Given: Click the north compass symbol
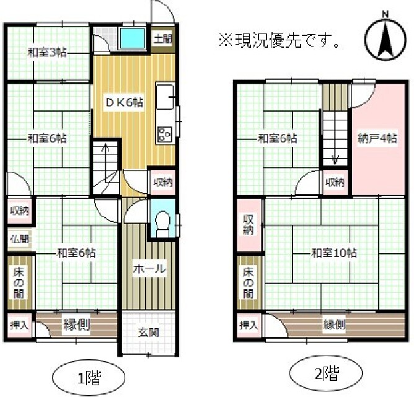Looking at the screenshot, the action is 386,38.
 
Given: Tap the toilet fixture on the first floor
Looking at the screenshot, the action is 162,224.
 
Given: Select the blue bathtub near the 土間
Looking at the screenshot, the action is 133,38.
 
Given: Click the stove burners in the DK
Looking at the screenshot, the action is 165,134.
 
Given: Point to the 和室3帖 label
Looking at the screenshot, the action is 47,53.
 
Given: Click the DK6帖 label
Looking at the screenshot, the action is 125,102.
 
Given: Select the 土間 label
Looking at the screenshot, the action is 163,39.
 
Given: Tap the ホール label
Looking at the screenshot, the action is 149,269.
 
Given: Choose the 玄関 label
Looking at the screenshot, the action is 148,332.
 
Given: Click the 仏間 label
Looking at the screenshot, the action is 19,239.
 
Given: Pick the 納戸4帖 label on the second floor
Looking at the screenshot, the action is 377,138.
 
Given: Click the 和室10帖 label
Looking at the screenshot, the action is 334,253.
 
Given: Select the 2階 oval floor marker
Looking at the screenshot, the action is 327,373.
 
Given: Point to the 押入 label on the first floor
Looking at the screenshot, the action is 19,326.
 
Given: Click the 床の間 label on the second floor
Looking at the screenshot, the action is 248,283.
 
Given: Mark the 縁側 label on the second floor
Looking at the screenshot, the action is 334,325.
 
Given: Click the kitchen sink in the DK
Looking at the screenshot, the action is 165,96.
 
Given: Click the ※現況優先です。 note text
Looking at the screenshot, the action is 279,40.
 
